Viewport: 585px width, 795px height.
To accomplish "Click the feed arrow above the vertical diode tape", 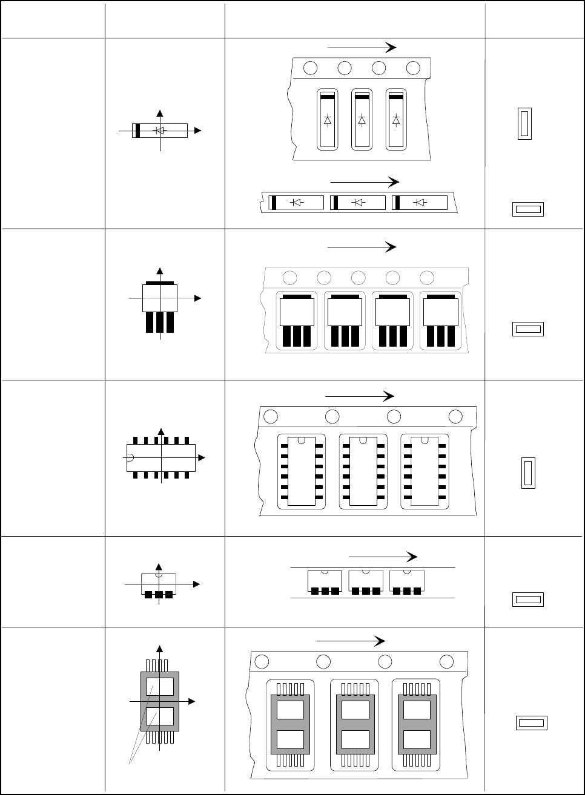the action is (361, 48).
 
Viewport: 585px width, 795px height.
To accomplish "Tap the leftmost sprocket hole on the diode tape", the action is (310, 68).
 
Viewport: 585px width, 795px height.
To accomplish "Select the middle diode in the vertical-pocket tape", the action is (362, 119).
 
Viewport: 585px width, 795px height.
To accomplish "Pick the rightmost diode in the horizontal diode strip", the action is (420, 203).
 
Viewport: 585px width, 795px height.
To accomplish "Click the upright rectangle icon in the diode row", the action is (524, 124).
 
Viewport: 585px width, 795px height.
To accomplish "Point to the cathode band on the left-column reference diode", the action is (137, 130).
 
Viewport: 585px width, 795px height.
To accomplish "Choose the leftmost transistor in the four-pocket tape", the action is (297, 320).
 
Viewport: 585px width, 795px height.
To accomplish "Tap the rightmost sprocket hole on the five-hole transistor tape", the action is (426, 278).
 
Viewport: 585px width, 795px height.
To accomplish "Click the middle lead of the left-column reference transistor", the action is (160, 322).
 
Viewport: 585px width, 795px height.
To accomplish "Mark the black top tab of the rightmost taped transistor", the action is (440, 297).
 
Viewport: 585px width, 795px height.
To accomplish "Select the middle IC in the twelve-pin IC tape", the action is (363, 471).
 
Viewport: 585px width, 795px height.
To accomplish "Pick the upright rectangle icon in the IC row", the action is (528, 473).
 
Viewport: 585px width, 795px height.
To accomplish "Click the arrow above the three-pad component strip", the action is (383, 557).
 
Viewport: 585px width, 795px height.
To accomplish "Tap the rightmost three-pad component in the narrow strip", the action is (407, 581).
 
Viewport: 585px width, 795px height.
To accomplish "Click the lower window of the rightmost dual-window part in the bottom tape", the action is (416, 739).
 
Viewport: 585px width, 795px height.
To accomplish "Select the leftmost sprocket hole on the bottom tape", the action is (262, 662).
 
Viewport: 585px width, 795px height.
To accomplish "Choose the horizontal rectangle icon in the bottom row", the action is (532, 722).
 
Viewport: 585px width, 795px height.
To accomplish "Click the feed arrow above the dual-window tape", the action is (351, 641).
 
